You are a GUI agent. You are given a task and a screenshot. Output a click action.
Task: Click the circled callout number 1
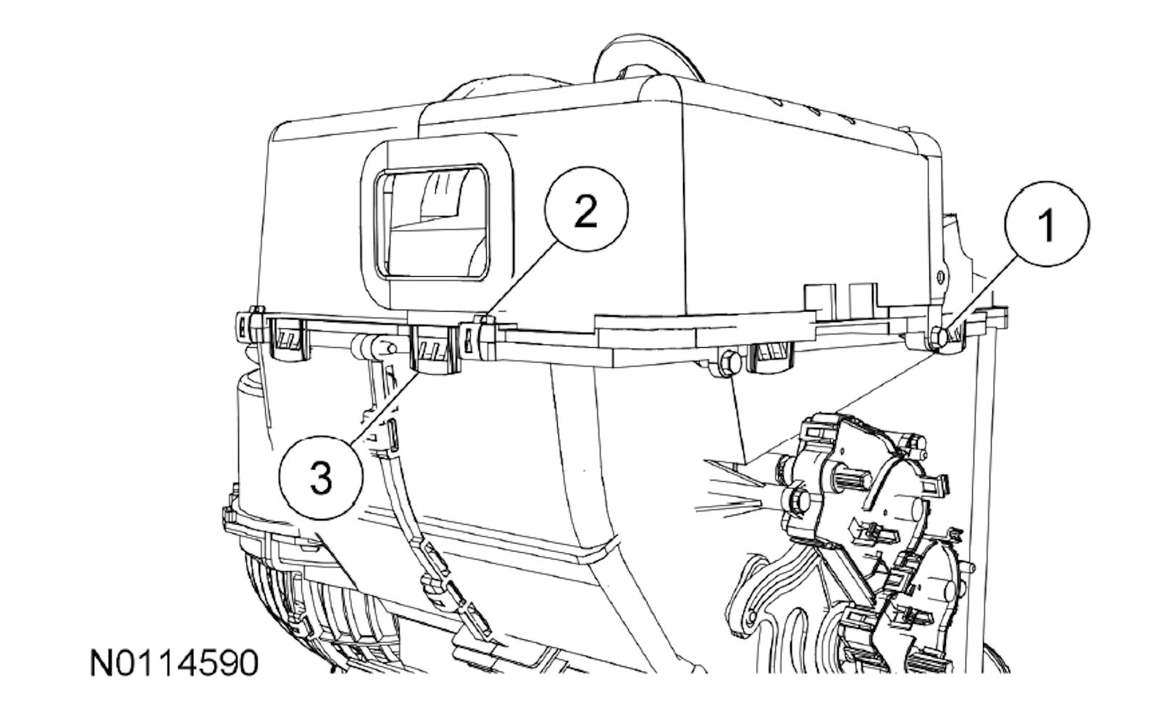click(x=1047, y=224)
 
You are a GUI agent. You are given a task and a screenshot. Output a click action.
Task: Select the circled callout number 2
click(x=586, y=209)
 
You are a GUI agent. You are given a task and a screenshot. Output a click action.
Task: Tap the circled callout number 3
click(x=321, y=477)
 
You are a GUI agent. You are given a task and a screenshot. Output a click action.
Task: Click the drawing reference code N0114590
click(x=174, y=663)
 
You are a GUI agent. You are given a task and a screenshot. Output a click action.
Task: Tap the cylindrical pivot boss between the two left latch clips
click(x=372, y=346)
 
